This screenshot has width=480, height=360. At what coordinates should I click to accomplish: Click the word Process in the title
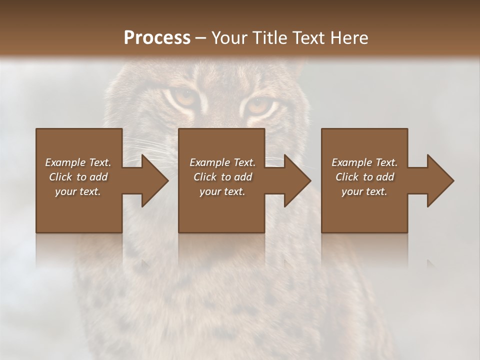157,37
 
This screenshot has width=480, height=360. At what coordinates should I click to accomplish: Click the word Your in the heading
228,37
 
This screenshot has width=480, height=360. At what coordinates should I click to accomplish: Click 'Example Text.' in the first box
78,162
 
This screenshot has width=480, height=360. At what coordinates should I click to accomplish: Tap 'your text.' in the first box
78,191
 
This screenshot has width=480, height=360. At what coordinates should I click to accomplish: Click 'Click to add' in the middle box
222,177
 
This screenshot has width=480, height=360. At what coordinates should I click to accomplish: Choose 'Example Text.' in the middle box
222,162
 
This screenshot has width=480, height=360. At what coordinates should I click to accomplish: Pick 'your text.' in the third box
364,191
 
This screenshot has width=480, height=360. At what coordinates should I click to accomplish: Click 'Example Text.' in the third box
364,162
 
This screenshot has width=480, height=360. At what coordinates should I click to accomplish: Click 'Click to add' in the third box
364,177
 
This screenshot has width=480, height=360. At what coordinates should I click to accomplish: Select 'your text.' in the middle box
222,191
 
